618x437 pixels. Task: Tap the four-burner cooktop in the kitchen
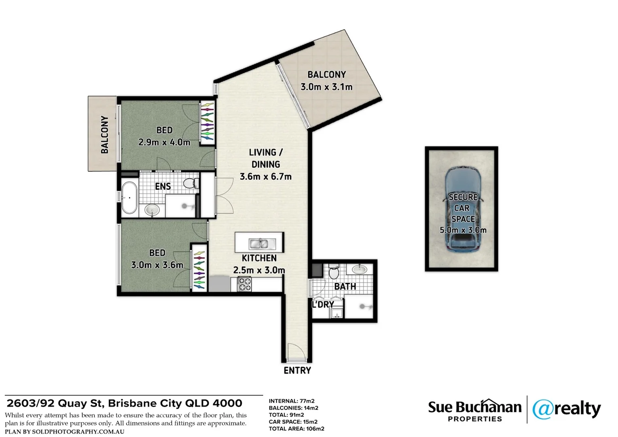pyautogui.click(x=244, y=284)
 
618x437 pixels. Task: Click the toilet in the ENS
pyautogui.click(x=191, y=183)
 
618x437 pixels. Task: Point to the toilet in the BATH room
pyautogui.click(x=334, y=272)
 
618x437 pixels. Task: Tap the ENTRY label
pyautogui.click(x=297, y=371)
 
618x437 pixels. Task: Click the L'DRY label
pyautogui.click(x=323, y=305)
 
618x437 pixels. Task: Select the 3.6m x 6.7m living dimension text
pyautogui.click(x=266, y=176)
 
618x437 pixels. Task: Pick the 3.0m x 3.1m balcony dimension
pyautogui.click(x=326, y=87)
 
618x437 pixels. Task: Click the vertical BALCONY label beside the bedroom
pyautogui.click(x=105, y=134)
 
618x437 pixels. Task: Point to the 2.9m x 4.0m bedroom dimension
pyautogui.click(x=164, y=142)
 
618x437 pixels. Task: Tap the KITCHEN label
pyautogui.click(x=259, y=258)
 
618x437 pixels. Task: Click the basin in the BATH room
pyautogui.click(x=360, y=269)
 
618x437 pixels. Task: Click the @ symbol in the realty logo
pyautogui.click(x=543, y=409)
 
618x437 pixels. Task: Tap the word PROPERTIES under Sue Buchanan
pyautogui.click(x=475, y=419)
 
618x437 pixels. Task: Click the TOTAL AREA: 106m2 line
pyautogui.click(x=296, y=429)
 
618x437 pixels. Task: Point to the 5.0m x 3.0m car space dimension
pyautogui.click(x=463, y=230)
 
